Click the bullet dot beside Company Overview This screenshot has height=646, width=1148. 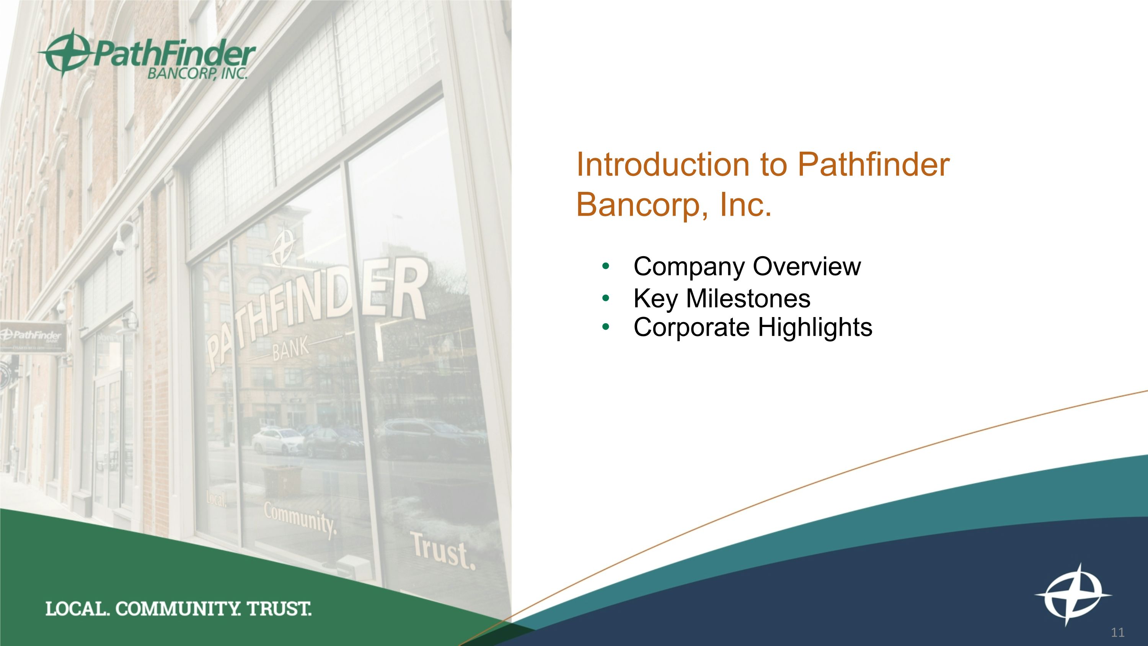pyautogui.click(x=605, y=267)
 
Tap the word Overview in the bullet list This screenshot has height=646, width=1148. pyautogui.click(x=807, y=267)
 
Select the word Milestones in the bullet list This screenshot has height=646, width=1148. pyautogui.click(x=748, y=298)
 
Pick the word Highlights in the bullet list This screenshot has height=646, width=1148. pyautogui.click(x=815, y=327)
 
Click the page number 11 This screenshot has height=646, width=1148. pyautogui.click(x=1118, y=632)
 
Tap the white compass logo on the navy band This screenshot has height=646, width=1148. pyautogui.click(x=1073, y=595)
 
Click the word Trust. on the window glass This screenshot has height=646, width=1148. pyautogui.click(x=442, y=551)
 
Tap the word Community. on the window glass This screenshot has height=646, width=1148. pyautogui.click(x=300, y=520)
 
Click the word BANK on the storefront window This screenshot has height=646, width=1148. pyautogui.click(x=290, y=349)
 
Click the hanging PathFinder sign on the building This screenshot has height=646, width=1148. pyautogui.click(x=33, y=337)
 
